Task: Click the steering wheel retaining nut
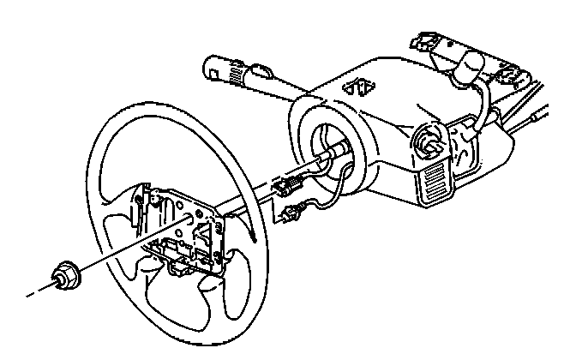tap(66, 274)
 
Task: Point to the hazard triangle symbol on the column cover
tap(357, 85)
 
